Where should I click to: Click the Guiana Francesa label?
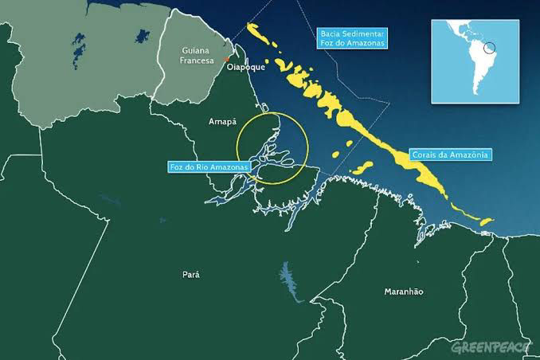tap(195, 56)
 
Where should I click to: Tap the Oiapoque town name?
tap(244, 69)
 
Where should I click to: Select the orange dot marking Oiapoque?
tap(227, 59)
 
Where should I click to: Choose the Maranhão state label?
tap(404, 292)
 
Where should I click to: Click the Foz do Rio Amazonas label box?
tap(209, 166)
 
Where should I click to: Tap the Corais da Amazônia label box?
tap(450, 154)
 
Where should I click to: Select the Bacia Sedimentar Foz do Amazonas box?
tap(352, 38)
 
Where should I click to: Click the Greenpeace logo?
tap(491, 348)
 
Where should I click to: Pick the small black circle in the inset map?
tap(491, 49)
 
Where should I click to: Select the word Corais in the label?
tap(425, 154)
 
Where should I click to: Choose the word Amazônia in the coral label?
tap(468, 154)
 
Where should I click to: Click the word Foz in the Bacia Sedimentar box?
tap(328, 43)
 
